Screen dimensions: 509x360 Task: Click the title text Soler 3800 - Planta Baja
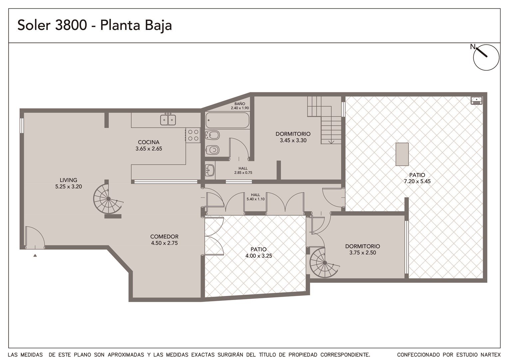[x=95, y=25]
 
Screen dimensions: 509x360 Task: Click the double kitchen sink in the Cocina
[x=168, y=120]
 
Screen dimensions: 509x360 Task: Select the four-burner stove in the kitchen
[x=193, y=135]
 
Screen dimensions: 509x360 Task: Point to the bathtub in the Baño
[x=228, y=120]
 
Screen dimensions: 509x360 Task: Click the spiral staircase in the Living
[x=108, y=199]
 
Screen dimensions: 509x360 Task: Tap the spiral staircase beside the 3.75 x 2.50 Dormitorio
[x=324, y=263]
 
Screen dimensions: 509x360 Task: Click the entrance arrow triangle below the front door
[x=35, y=255]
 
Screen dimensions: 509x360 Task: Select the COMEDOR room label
[x=164, y=237]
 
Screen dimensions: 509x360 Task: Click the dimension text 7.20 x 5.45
[x=417, y=181]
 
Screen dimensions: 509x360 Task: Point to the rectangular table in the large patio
[x=402, y=154]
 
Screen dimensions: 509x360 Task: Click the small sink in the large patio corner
[x=476, y=101]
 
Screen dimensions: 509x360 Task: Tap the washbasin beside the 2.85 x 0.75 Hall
[x=210, y=170]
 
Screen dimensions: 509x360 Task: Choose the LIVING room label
[x=68, y=180]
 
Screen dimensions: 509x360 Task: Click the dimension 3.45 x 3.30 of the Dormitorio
[x=293, y=141]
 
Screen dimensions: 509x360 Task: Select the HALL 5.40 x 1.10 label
[x=255, y=197]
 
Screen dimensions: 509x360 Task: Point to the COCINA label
[x=149, y=142]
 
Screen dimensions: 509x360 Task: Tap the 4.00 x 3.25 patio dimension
[x=258, y=256]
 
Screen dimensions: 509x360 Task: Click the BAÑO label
[x=240, y=104]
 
